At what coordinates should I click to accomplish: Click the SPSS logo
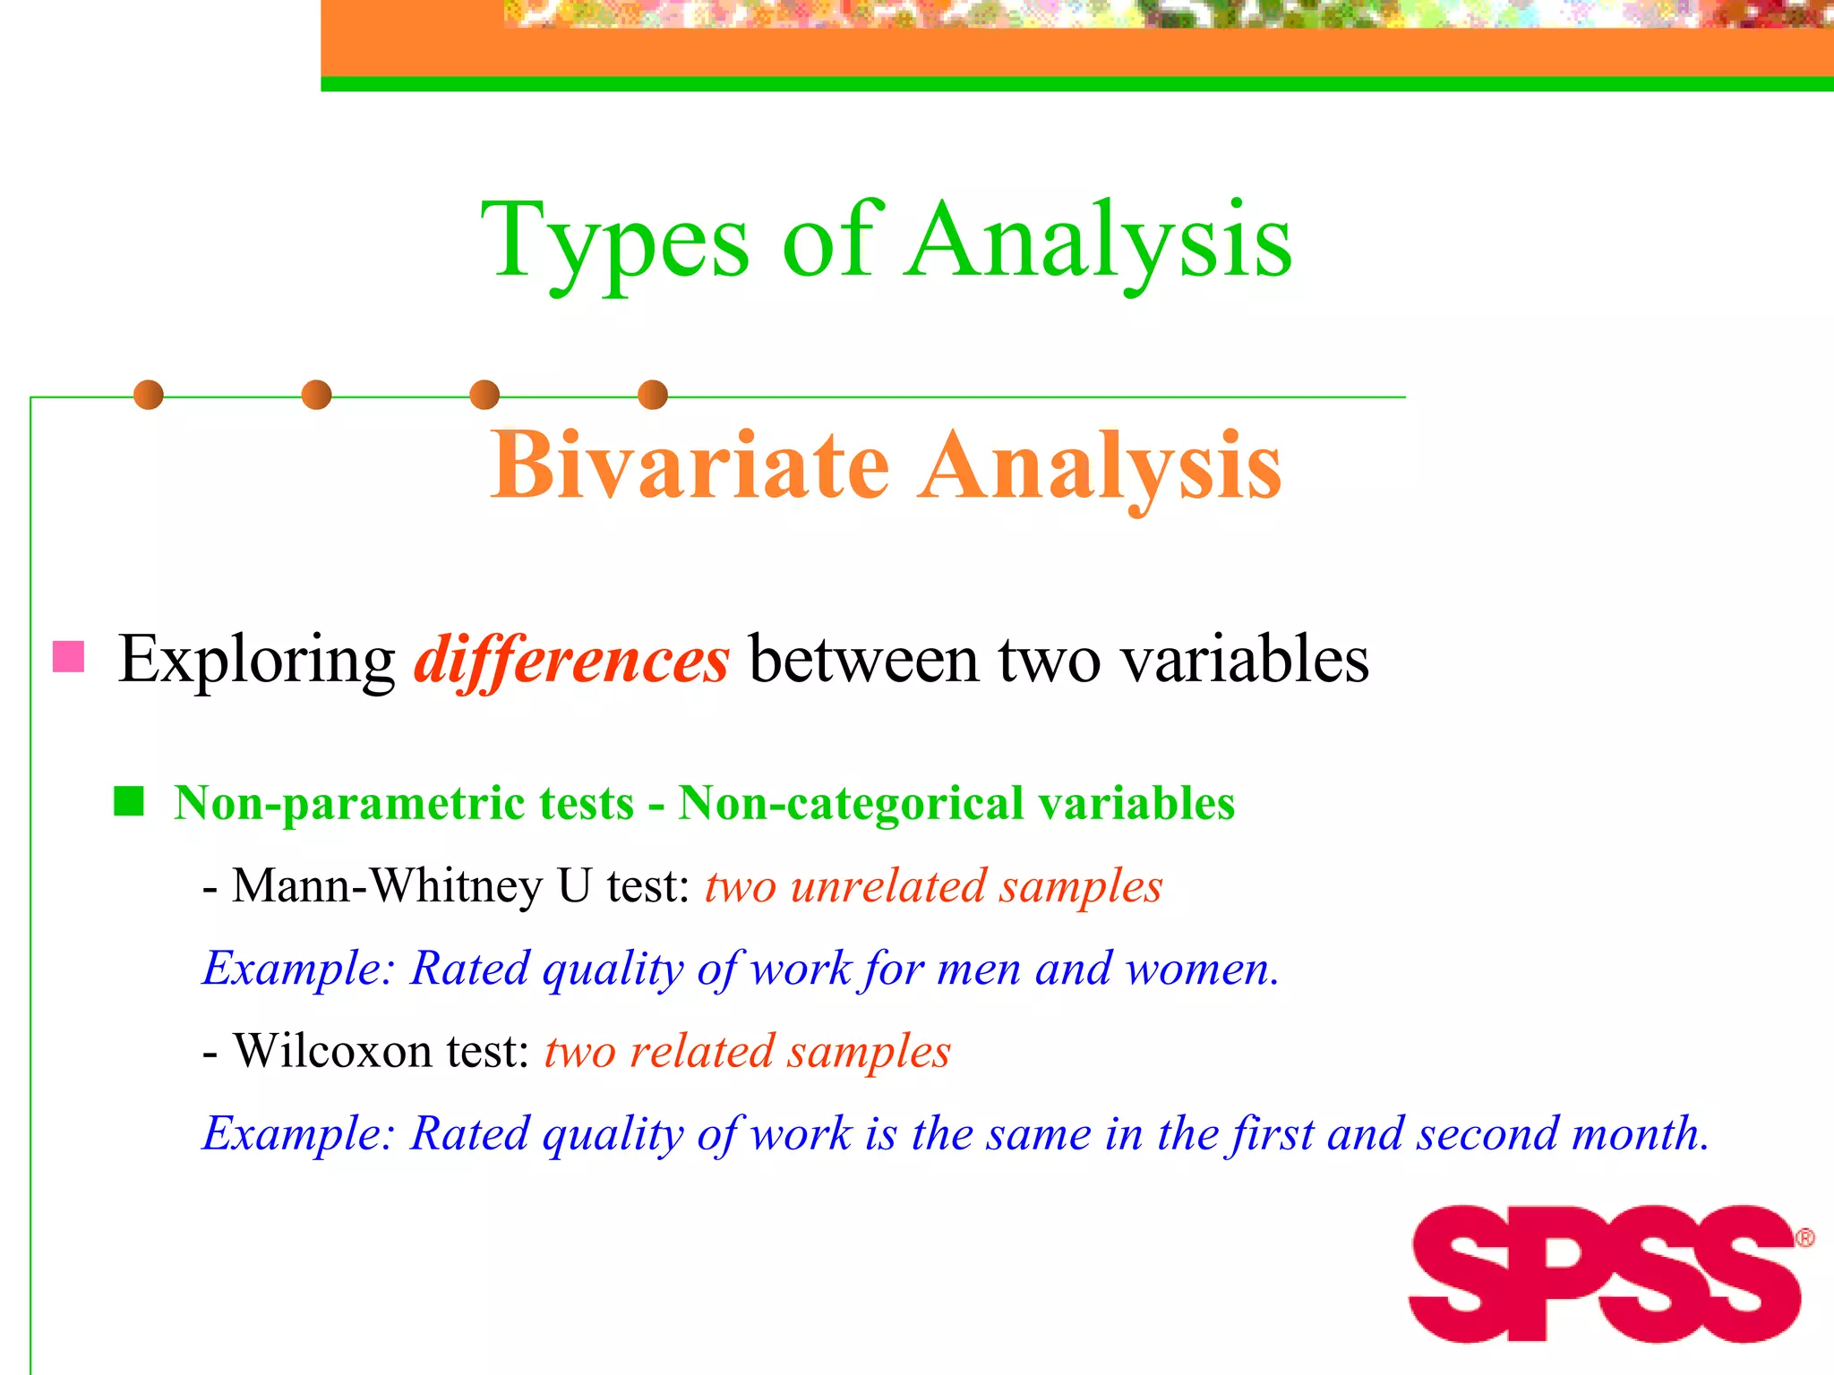tap(1605, 1273)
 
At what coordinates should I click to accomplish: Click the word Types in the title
tap(614, 242)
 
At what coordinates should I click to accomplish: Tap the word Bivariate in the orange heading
tap(690, 465)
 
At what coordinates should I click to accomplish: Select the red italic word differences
tap(571, 660)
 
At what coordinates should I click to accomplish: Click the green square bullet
tap(129, 801)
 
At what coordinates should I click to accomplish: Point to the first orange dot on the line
tap(149, 395)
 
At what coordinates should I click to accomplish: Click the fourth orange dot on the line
tap(653, 395)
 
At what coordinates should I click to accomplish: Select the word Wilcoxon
tap(335, 1051)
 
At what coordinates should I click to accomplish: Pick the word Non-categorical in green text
tap(850, 803)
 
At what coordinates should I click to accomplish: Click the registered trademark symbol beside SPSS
tap(1804, 1238)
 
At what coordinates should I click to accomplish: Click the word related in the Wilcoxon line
tap(701, 1051)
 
